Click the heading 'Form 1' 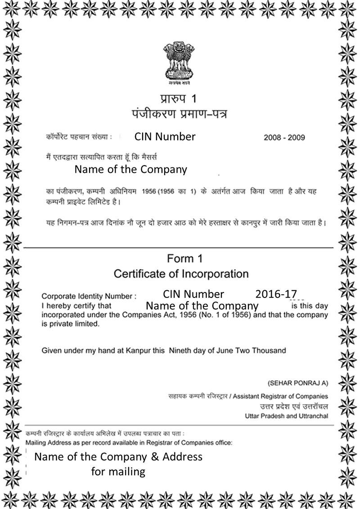tap(184, 259)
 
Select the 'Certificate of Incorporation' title tap(181, 274)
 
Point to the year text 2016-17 tap(276, 294)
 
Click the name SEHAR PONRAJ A tap(297, 383)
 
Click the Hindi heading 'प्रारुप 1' tap(179, 99)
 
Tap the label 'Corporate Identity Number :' tap(89, 297)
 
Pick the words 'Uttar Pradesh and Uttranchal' tap(287, 416)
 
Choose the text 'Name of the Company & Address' tap(118, 457)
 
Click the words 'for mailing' tap(118, 472)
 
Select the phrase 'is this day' tap(310, 306)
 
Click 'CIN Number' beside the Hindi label tap(165, 136)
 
